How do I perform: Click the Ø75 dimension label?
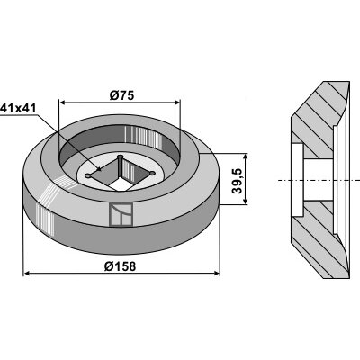coord(121,95)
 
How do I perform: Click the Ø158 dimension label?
coord(120,266)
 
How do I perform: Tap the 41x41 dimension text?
coord(18,108)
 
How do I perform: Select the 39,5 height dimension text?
coord(237,181)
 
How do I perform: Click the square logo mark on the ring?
coord(121,215)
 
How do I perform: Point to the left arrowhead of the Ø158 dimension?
coord(27,274)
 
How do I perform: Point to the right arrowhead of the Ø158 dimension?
coord(216,274)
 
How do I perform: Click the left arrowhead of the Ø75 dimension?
coord(63,103)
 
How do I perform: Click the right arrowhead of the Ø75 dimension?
coord(176,103)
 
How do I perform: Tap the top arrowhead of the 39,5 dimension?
coord(246,157)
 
